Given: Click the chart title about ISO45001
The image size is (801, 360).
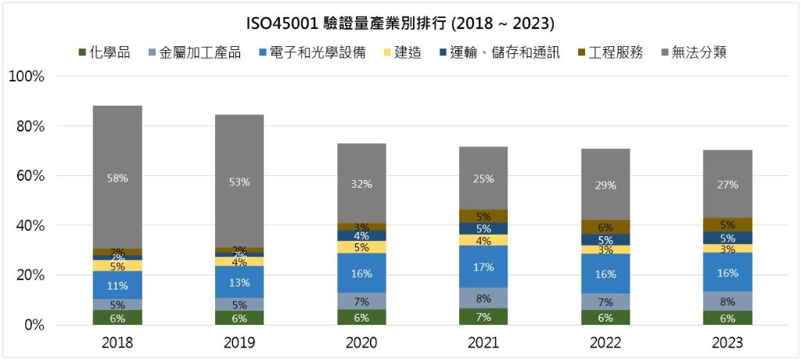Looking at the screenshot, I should click(400, 20).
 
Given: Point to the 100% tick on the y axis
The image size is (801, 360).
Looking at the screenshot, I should click(27, 77).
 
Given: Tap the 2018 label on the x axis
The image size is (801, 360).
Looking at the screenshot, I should click(117, 343).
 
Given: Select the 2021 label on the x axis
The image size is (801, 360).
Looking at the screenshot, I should click(483, 343).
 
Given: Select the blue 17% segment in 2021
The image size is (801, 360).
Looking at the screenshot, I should click(483, 267).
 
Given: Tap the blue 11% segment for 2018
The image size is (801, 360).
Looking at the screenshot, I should click(118, 285).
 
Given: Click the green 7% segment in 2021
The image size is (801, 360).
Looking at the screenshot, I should click(483, 316).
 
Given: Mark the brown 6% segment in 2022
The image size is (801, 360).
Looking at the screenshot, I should click(605, 227).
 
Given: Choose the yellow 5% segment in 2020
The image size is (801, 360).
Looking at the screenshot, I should click(361, 247).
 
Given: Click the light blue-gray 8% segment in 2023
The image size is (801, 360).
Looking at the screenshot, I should click(727, 301).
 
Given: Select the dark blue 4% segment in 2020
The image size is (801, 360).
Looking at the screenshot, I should click(361, 236).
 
